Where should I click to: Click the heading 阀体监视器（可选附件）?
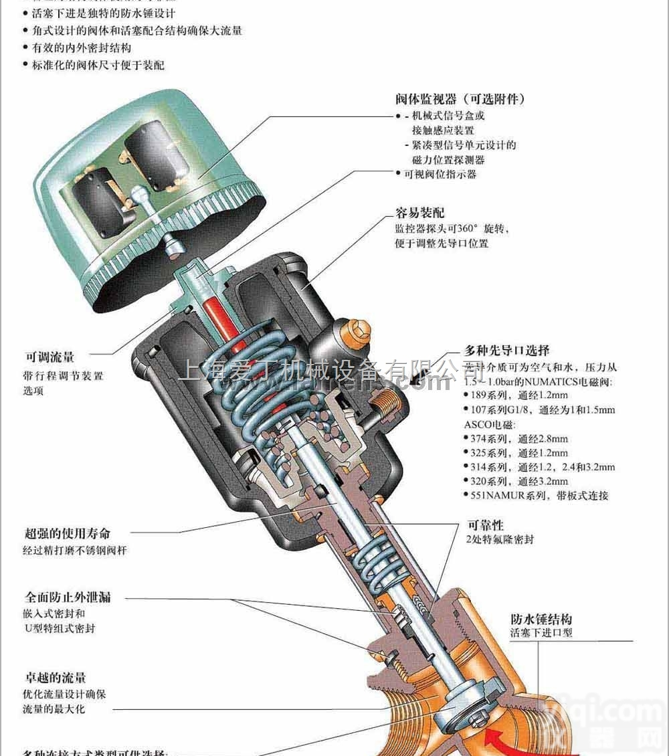[460, 99]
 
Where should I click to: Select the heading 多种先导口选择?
[507, 351]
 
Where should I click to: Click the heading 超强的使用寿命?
[67, 533]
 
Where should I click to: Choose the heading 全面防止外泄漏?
[67, 597]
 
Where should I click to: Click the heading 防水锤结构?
[541, 619]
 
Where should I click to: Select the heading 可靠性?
[484, 525]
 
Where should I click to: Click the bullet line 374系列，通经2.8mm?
[518, 439]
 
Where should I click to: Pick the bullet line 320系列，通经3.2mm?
[518, 481]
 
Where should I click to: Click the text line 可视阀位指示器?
[440, 174]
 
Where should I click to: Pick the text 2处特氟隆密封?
[500, 539]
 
